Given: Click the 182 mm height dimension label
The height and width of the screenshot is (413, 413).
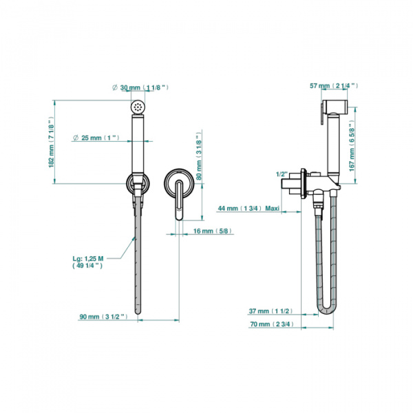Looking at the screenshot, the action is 51,144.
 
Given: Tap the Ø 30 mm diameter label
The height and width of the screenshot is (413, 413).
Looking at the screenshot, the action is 140,87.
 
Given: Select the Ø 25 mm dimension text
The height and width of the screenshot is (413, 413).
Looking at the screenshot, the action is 96,138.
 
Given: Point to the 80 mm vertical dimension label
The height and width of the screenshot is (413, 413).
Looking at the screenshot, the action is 199,156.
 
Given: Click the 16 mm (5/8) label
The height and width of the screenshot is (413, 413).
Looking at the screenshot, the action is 213,231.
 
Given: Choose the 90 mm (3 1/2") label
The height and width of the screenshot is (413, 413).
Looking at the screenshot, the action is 103,317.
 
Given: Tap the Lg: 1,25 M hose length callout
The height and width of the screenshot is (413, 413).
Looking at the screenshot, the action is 87,262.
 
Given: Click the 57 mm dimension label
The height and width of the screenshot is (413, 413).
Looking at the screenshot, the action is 334,86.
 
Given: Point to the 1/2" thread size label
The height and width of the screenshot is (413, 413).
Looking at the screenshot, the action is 282,174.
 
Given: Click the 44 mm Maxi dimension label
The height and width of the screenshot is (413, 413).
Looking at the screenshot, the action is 248,209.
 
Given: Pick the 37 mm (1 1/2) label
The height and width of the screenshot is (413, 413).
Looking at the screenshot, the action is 271,311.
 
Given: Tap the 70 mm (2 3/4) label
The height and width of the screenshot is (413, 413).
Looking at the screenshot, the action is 272,324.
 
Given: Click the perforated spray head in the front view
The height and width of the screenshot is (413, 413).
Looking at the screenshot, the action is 138,107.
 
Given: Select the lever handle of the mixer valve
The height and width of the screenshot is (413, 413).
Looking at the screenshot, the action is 180,200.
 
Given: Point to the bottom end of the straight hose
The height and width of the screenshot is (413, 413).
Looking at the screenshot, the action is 138,313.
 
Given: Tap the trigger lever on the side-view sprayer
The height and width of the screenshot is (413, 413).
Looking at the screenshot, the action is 322,114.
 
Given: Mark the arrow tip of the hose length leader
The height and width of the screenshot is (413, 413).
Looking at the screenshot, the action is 135,237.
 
